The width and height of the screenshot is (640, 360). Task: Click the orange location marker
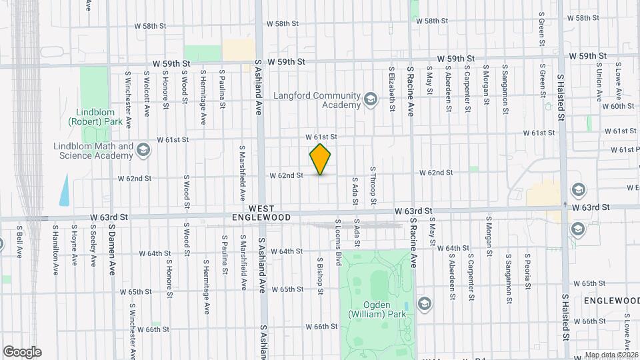[x=321, y=159]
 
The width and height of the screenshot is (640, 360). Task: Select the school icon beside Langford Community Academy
[x=371, y=101]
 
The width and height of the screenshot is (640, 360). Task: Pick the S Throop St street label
[x=373, y=185]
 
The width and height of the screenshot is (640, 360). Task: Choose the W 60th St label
[x=617, y=106]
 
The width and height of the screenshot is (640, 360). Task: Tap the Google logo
[x=22, y=351]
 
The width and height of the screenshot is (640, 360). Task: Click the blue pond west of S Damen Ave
[x=64, y=190]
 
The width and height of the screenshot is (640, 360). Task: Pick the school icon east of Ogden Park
[x=424, y=304]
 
